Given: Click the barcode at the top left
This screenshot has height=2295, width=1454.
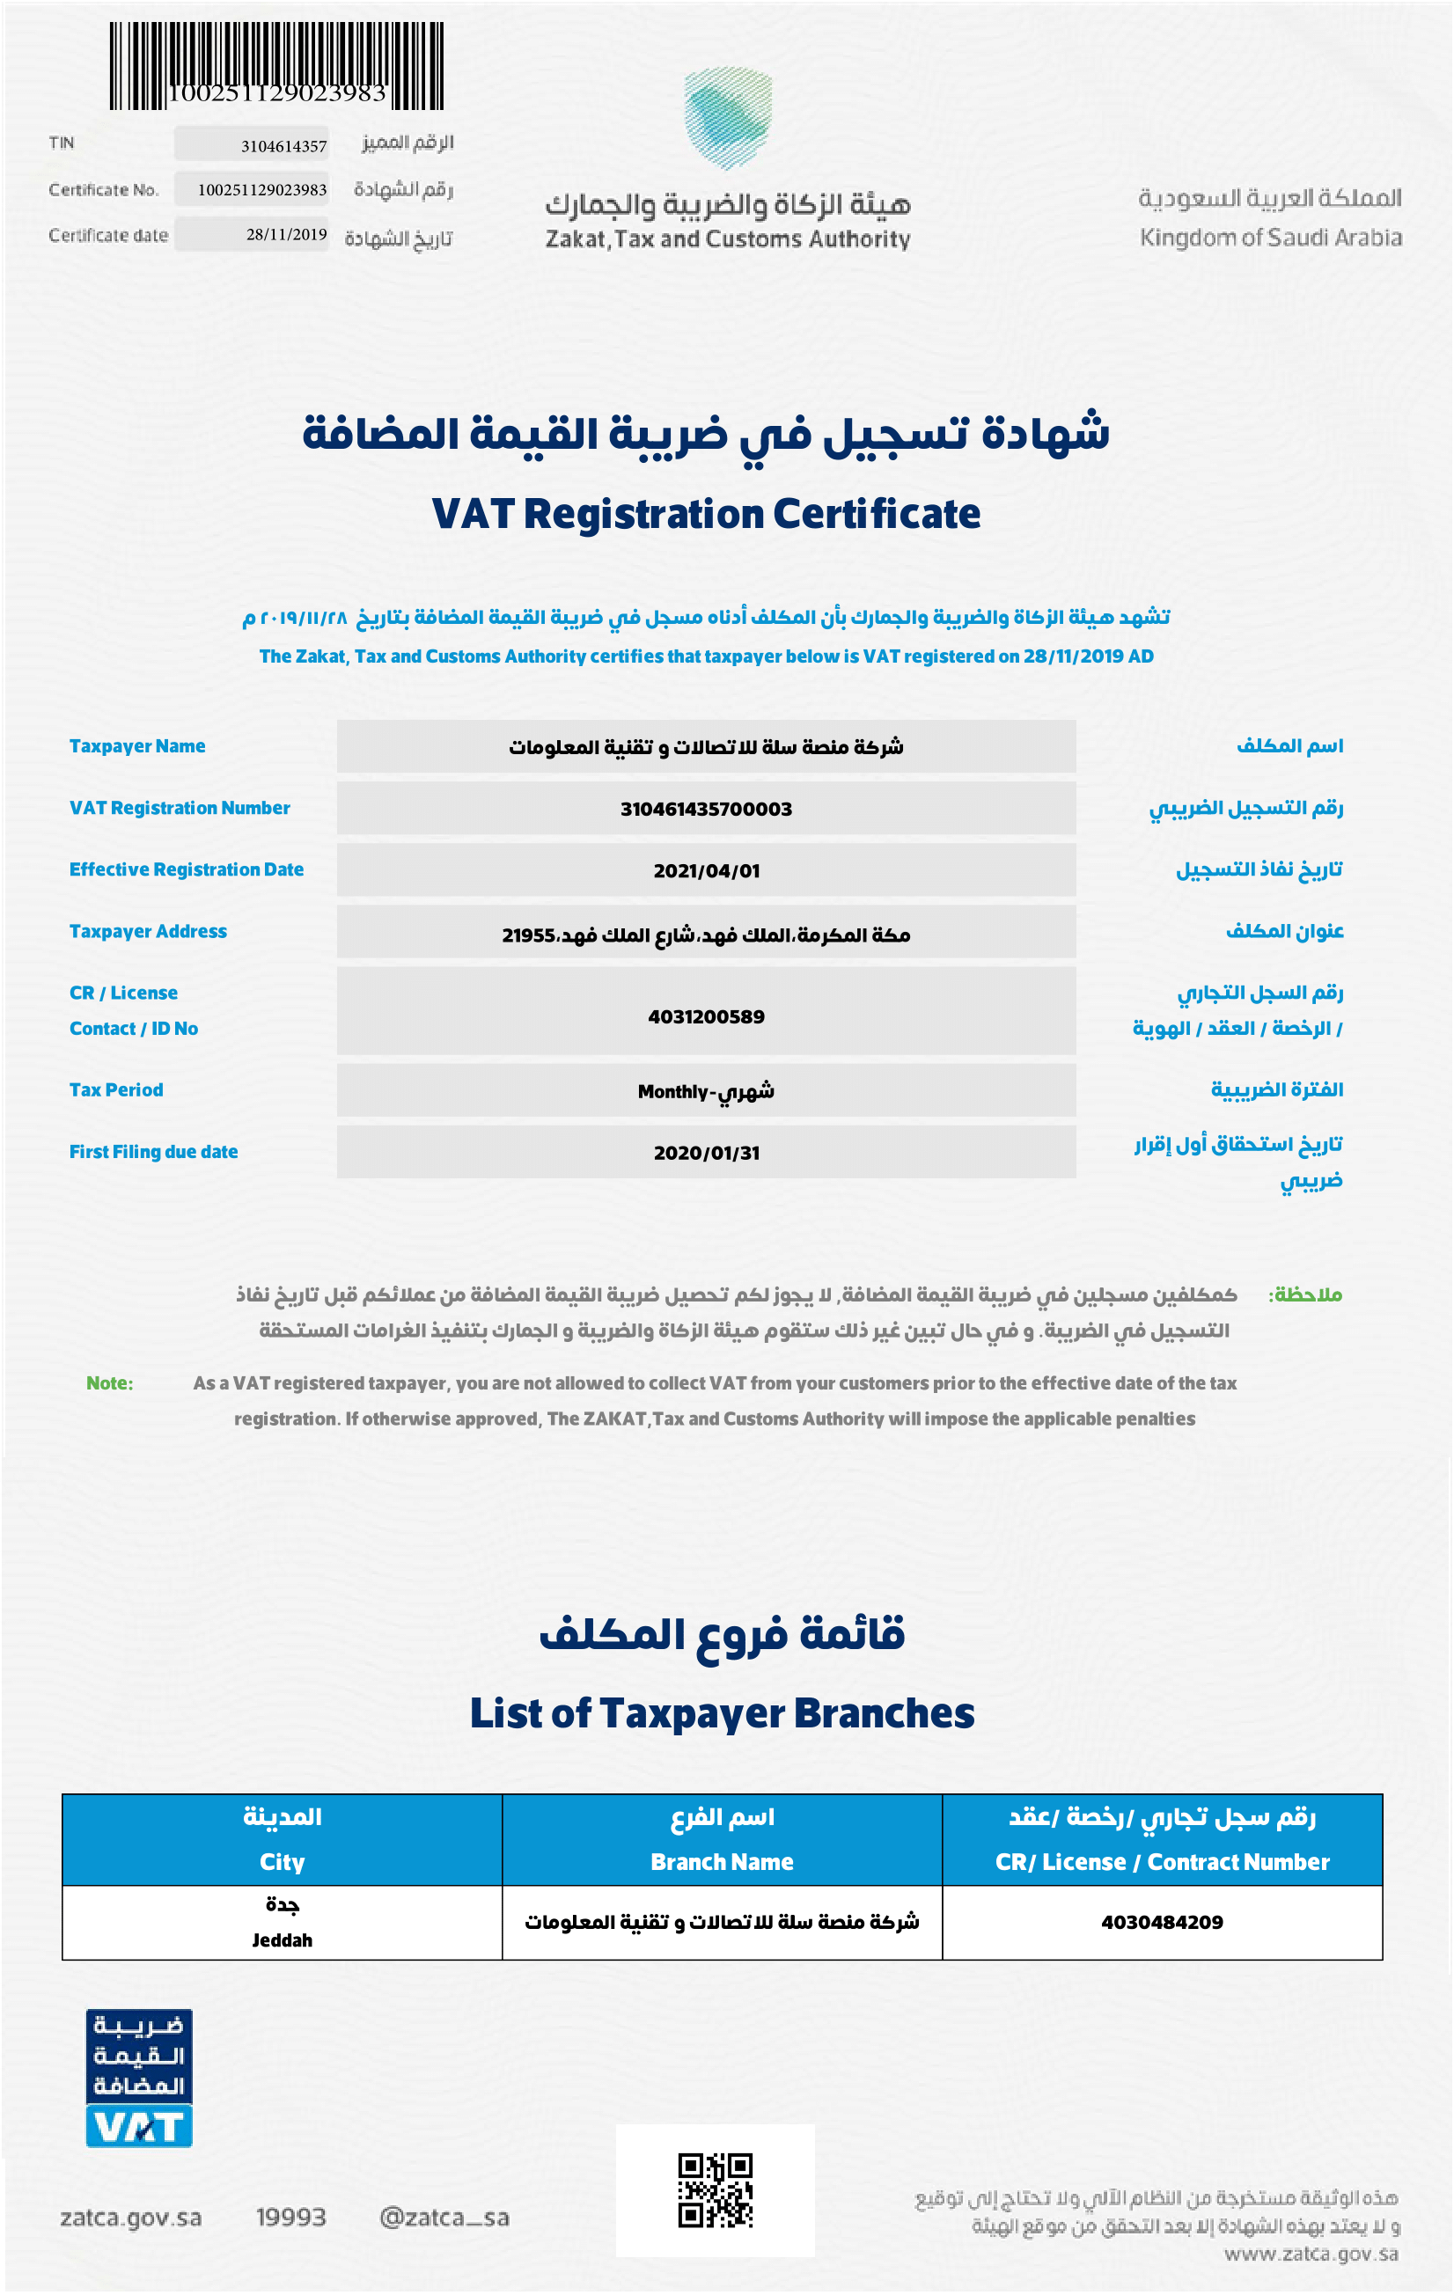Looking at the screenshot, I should point(275,65).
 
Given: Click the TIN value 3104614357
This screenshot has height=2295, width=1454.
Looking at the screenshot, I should point(283,146).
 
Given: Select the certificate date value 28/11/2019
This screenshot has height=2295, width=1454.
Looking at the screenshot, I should point(286,234).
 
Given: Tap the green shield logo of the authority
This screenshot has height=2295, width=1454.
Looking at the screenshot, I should point(728,116).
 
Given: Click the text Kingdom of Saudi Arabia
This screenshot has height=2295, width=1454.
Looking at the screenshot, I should point(1270,238).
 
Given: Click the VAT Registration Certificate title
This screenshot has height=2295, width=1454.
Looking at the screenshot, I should point(706,514).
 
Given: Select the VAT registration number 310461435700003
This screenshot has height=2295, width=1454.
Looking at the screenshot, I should point(706,810).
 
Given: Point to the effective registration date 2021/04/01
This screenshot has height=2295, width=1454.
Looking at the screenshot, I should point(706,871).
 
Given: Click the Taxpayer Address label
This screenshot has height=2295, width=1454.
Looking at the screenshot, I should point(148,931).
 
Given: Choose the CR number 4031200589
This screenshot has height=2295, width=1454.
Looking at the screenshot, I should point(706,1017).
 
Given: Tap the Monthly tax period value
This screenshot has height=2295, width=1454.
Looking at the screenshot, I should point(706,1091).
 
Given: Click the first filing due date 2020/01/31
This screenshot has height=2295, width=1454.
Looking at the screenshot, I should point(706,1153).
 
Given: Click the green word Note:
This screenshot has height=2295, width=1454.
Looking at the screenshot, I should point(110,1383).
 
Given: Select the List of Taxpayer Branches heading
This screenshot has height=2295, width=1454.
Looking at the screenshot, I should point(722,1713).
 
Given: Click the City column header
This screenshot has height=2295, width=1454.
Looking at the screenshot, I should point(283,1861).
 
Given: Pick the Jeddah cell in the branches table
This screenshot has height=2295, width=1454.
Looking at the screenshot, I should point(283,1939).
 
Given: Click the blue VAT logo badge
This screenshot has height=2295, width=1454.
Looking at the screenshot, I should point(139,2079).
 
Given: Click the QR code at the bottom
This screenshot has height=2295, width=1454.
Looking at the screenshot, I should point(715,2190).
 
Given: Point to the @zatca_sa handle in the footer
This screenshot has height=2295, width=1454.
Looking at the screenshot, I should point(444,2218).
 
